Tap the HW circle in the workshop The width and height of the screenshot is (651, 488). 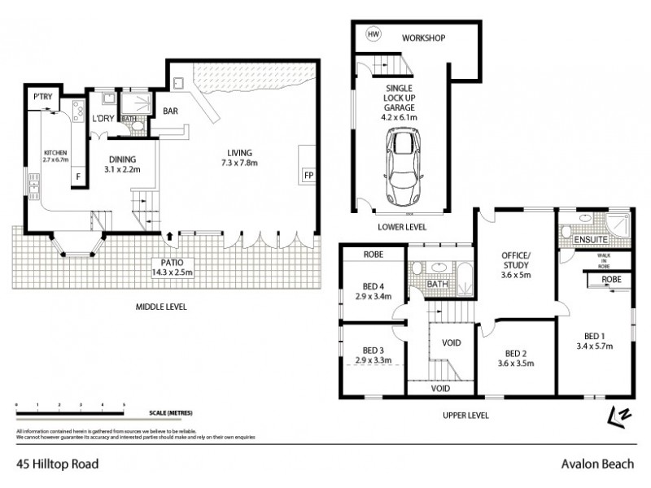tap(374, 35)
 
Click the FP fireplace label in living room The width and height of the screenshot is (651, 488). tap(308, 175)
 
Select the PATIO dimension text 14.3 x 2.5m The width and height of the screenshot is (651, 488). tap(171, 272)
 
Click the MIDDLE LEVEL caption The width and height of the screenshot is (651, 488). tap(160, 307)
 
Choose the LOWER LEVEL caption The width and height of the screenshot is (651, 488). tap(401, 227)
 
